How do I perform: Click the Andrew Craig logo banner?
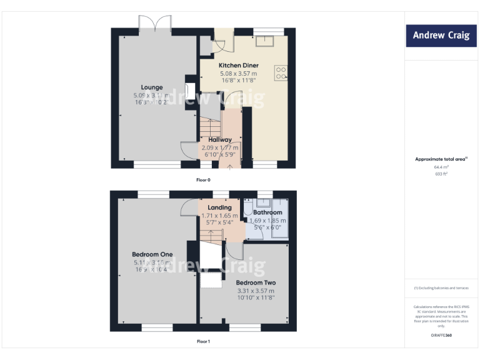click(x=441, y=36)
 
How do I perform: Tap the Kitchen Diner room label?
click(x=238, y=66)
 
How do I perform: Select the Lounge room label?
click(x=152, y=87)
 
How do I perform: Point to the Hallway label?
click(x=220, y=140)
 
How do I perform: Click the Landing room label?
click(x=219, y=207)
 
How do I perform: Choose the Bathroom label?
click(x=267, y=213)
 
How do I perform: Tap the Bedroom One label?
click(x=152, y=254)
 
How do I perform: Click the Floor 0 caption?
click(x=204, y=180)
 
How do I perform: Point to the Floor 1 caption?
click(x=204, y=341)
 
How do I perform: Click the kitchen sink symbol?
click(x=269, y=41)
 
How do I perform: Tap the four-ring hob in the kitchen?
click(x=280, y=73)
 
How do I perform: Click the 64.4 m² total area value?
click(x=441, y=167)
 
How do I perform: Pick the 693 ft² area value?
click(x=441, y=174)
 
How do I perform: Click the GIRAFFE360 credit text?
click(x=441, y=336)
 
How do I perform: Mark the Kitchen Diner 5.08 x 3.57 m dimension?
click(x=238, y=73)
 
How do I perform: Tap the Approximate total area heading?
click(x=440, y=159)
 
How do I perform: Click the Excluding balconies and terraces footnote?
click(x=441, y=287)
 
